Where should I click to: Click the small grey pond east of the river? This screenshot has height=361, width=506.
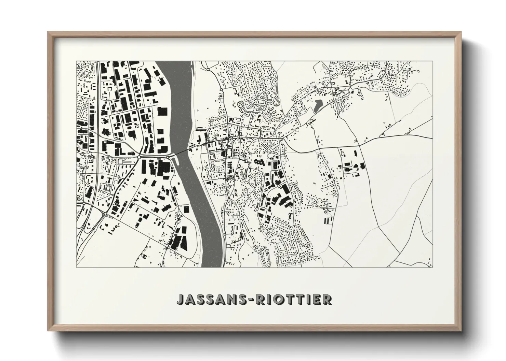pyautogui.click(x=317, y=105)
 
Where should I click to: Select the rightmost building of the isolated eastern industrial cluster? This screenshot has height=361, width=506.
pyautogui.click(x=362, y=166)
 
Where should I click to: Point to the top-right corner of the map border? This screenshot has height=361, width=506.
pyautogui.click(x=433, y=61)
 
